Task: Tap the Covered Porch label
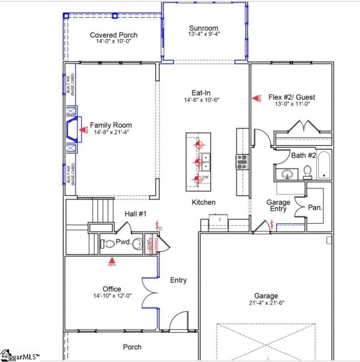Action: coord(114,35)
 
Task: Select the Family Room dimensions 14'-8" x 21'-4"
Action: coord(111,132)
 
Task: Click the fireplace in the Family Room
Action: coord(72,130)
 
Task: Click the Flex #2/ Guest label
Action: coord(292,97)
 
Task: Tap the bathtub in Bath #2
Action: coord(324,166)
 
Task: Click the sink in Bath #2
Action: coord(286,174)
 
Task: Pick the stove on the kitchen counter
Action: coord(242,162)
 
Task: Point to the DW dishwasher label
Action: coord(205,177)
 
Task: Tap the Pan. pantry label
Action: coord(315,208)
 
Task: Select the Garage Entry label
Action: coord(278,206)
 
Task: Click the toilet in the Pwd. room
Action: coord(107,244)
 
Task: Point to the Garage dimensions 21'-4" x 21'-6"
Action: coord(266,303)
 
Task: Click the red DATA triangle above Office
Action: coord(112,261)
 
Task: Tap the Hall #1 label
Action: coord(136,214)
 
